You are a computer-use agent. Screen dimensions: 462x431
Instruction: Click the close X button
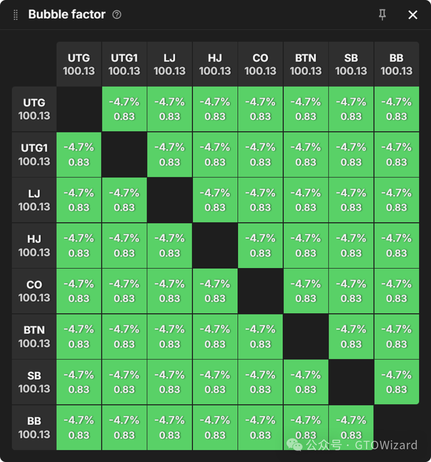413,15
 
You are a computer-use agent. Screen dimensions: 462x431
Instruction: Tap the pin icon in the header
382,15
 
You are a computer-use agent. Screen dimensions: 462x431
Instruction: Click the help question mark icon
117,15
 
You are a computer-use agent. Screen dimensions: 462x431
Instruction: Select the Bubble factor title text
67,15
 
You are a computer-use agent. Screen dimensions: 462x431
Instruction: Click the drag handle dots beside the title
16,15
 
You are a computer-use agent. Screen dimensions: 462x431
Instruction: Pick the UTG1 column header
124,64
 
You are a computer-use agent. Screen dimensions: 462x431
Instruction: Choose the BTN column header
306,64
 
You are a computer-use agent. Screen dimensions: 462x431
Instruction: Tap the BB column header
396,64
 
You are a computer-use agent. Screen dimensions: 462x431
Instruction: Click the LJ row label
34,200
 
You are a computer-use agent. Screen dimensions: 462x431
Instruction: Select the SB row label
34,382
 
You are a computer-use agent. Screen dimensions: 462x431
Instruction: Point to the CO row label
34,291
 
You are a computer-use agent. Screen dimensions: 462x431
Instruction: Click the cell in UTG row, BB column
396,109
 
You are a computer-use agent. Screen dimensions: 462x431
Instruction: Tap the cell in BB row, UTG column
79,427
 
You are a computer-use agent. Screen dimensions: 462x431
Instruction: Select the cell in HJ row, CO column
260,245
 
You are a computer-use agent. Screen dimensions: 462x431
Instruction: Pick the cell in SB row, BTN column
306,382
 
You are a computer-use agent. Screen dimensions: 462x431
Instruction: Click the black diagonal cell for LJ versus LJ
170,200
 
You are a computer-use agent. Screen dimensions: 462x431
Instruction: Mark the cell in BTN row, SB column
351,337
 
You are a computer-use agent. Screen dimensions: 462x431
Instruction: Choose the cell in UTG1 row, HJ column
215,155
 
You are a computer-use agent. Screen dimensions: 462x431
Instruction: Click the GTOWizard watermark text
386,445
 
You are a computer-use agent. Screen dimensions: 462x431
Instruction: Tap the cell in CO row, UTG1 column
124,291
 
